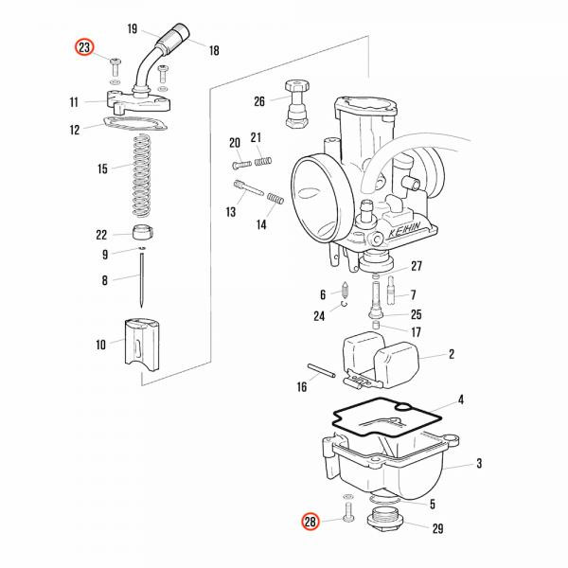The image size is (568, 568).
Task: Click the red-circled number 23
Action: pyautogui.click(x=85, y=47)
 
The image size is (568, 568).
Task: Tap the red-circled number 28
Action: pyautogui.click(x=310, y=521)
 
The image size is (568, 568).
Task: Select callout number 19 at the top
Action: pyautogui.click(x=132, y=29)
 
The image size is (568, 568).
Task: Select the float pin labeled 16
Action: pyautogui.click(x=322, y=371)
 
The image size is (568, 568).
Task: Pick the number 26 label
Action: pyautogui.click(x=259, y=101)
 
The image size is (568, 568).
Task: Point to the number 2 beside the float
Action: pyautogui.click(x=452, y=355)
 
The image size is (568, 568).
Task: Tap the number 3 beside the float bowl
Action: pyautogui.click(x=478, y=464)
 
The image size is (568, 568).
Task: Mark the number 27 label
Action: pyautogui.click(x=416, y=266)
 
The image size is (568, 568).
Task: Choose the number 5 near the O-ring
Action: pyautogui.click(x=432, y=505)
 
